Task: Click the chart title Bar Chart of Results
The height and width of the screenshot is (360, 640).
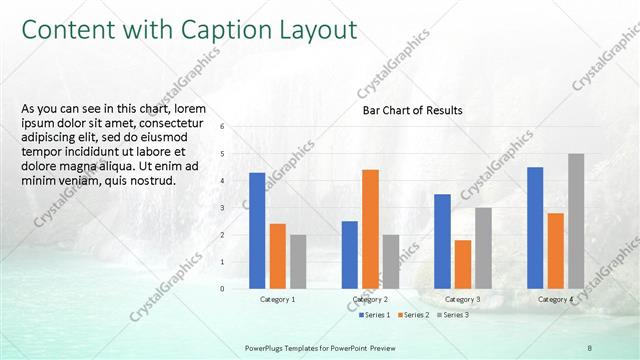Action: click(412, 110)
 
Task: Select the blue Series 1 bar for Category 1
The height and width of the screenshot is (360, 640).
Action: click(257, 230)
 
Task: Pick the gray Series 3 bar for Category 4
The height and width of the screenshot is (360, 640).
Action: click(576, 221)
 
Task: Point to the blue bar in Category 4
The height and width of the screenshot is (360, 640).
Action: click(535, 227)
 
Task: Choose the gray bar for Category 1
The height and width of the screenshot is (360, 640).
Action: click(298, 261)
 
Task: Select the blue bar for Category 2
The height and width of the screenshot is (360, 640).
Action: click(349, 254)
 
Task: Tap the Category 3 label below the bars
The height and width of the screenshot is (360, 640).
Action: click(462, 299)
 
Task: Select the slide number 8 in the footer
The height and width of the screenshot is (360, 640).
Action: click(590, 346)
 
